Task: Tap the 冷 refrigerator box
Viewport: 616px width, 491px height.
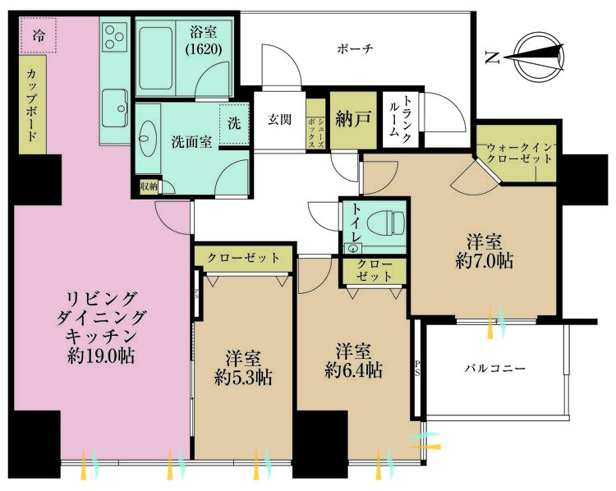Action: [39, 35]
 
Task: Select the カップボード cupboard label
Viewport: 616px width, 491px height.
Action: [30, 106]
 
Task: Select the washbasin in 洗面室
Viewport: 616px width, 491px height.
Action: [150, 141]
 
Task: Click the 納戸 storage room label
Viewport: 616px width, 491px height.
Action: [352, 118]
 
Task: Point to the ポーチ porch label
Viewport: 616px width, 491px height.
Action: [356, 49]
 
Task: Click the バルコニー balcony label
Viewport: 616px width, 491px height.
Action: [495, 369]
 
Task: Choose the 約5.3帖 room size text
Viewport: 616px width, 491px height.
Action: [243, 378]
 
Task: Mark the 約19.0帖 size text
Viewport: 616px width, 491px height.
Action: [103, 356]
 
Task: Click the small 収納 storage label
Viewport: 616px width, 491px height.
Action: [148, 186]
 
